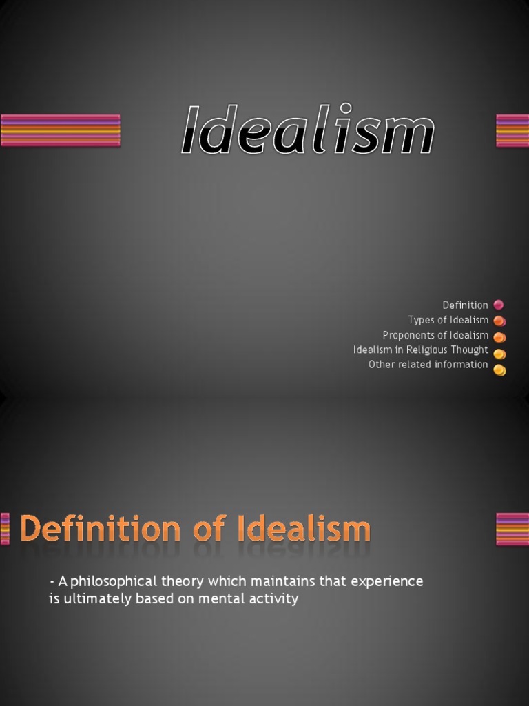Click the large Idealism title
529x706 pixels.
pos(307,130)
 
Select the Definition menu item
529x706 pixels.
pos(465,305)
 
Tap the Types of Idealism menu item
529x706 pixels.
pos(448,320)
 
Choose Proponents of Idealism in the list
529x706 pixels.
pos(435,335)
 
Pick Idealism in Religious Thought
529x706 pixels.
pos(420,350)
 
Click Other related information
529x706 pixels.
pos(428,365)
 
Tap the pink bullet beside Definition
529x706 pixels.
pos(499,305)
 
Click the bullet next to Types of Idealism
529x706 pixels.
pos(499,321)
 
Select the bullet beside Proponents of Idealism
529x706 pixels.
pos(499,336)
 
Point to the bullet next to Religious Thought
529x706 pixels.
pos(499,353)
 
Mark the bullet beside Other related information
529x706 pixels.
pos(499,370)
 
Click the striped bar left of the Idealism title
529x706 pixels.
pos(61,130)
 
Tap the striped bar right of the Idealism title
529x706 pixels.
pos(512,130)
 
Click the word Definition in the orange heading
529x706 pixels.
pos(101,529)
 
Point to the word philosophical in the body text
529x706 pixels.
pos(113,581)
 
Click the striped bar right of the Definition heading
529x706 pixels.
pos(512,529)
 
